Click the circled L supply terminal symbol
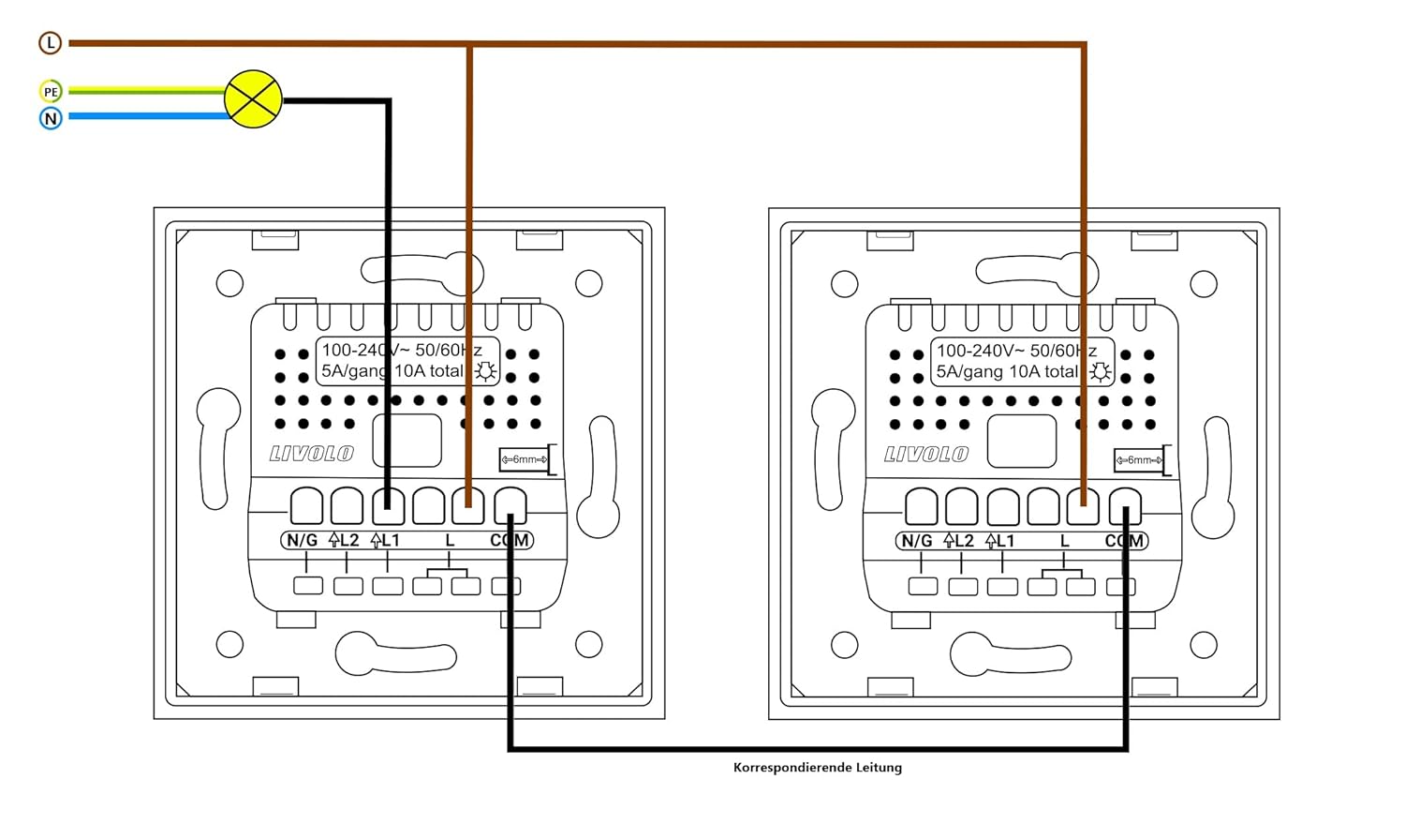[x=50, y=42]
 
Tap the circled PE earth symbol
[x=51, y=92]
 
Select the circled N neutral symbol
[x=51, y=118]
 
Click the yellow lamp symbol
[x=254, y=99]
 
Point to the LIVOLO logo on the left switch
[x=311, y=454]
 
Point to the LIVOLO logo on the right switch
[x=926, y=455]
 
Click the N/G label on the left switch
[x=302, y=540]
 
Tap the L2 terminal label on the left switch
[x=344, y=540]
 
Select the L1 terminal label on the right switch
[x=1000, y=541]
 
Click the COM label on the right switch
[x=1124, y=541]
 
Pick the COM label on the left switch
[x=510, y=540]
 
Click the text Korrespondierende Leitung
[x=817, y=767]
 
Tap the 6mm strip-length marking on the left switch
[x=525, y=459]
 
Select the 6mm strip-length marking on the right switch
[x=1139, y=460]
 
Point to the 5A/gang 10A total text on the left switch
[x=392, y=371]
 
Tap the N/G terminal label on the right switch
[x=916, y=541]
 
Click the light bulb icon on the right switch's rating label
[x=1101, y=372]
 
